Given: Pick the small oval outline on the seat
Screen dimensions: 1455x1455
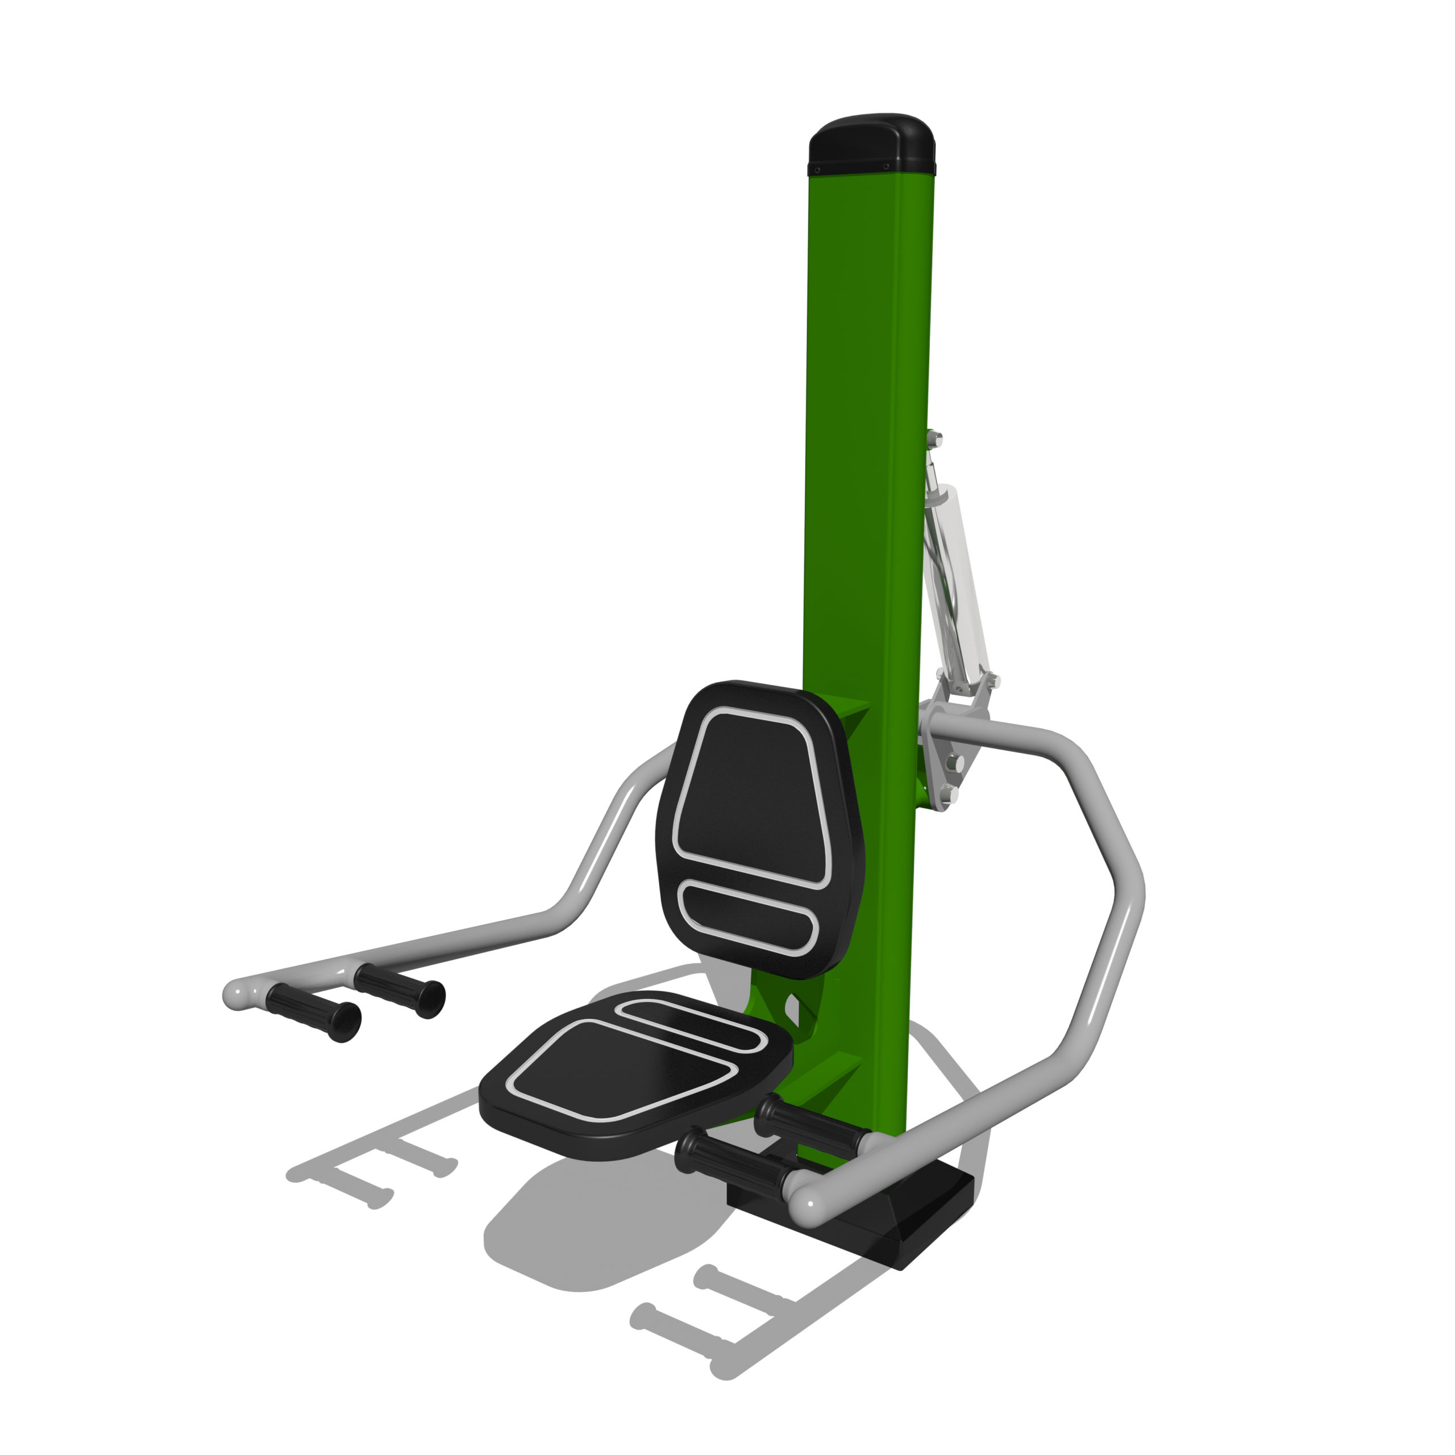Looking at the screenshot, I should [x=691, y=1026].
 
